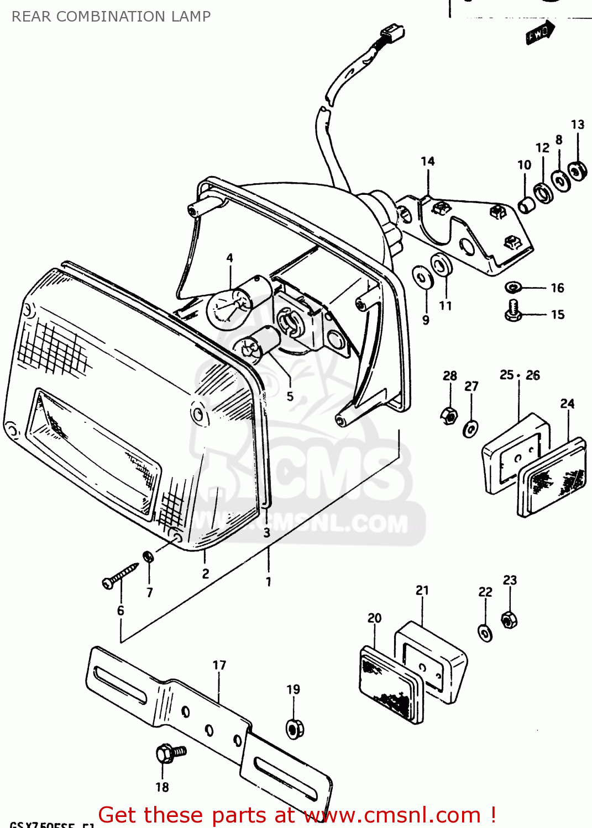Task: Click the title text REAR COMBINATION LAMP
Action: [x=111, y=17]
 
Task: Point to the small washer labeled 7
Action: [x=148, y=556]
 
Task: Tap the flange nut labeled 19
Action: [x=295, y=728]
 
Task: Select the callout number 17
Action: [x=219, y=665]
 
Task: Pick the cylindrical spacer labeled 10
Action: [x=526, y=205]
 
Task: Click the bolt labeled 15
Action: [x=514, y=310]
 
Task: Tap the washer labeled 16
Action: [x=514, y=287]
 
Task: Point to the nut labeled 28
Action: [x=449, y=414]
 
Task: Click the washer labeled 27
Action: [x=470, y=428]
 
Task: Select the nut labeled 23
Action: [x=509, y=619]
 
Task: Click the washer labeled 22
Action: [x=485, y=633]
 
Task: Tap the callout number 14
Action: [x=428, y=161]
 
